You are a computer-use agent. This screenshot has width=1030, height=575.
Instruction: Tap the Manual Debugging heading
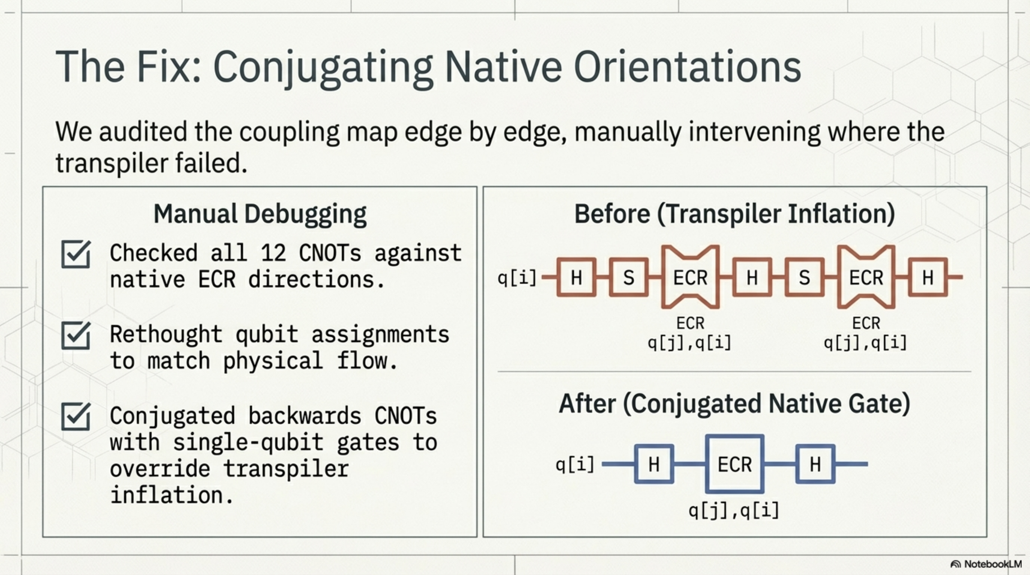pos(260,214)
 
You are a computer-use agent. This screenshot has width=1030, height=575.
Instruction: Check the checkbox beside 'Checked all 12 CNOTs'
pos(75,254)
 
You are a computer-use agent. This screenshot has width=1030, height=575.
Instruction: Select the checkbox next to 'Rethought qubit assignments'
pos(75,336)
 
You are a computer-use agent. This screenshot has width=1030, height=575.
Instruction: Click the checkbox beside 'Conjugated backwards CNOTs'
pos(75,417)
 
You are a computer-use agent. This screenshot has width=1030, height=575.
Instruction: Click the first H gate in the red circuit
pos(576,277)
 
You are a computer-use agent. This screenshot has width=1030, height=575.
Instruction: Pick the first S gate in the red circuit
pos(629,277)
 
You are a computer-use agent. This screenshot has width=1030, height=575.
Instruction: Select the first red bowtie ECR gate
pos(690,277)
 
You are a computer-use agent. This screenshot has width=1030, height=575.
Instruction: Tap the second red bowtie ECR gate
pos(866,277)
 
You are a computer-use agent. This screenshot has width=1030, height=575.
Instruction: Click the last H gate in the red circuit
pos(928,277)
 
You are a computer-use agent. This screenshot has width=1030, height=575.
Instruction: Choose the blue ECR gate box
pos(735,464)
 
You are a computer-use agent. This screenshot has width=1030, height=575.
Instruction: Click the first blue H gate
pos(654,464)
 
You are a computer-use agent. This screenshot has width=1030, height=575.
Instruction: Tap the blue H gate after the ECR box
pos(815,464)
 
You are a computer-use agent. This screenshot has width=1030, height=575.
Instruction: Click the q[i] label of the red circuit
pos(517,277)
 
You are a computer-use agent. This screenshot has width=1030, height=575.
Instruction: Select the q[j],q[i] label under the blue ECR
pos(734,511)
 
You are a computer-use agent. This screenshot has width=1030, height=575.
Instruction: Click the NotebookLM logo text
pos(992,564)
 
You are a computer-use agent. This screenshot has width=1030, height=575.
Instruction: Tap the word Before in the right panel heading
pos(612,214)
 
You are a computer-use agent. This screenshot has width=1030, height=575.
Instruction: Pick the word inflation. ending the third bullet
pos(171,495)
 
